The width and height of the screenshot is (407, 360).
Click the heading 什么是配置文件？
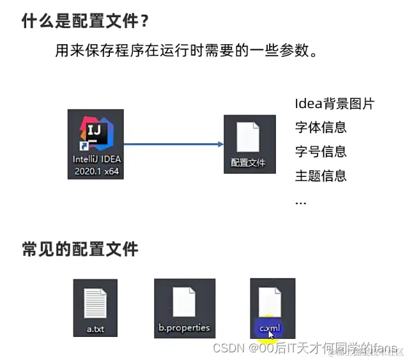[86, 21]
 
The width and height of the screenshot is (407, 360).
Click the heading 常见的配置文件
[80, 249]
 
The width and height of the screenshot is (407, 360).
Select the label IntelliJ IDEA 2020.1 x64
[96, 165]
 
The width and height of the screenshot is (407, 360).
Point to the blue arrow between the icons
[173, 145]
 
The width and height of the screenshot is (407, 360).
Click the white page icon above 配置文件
[249, 136]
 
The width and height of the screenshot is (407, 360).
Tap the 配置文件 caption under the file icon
[248, 163]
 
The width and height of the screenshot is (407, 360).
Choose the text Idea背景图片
[334, 104]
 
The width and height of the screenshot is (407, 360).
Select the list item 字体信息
[321, 127]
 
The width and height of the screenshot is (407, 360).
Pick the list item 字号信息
[321, 152]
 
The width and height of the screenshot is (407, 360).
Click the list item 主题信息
[321, 176]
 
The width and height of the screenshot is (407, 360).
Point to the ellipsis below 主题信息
[300, 202]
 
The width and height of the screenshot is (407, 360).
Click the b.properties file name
[184, 329]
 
